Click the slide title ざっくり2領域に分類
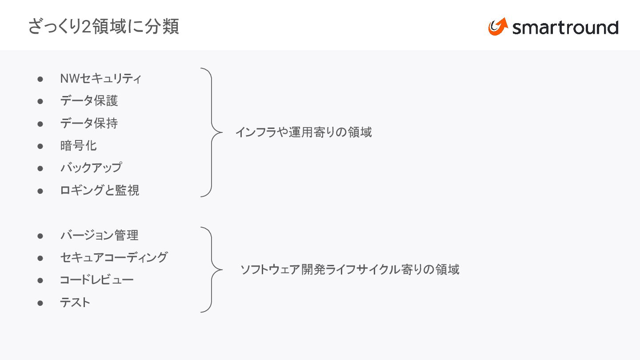(104, 27)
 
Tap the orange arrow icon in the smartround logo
(498, 27)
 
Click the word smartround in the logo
(565, 28)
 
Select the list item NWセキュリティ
(101, 79)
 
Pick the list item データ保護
(89, 101)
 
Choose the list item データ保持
(89, 123)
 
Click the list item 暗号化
(78, 145)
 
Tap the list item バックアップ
(91, 168)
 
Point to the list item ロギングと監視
(100, 190)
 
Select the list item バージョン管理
(99, 235)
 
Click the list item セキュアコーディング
(114, 257)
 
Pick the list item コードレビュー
(96, 280)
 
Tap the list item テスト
(75, 303)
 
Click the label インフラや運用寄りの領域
(304, 132)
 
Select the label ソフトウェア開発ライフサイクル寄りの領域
(350, 269)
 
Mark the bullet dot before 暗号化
(40, 146)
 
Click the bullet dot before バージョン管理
(40, 236)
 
